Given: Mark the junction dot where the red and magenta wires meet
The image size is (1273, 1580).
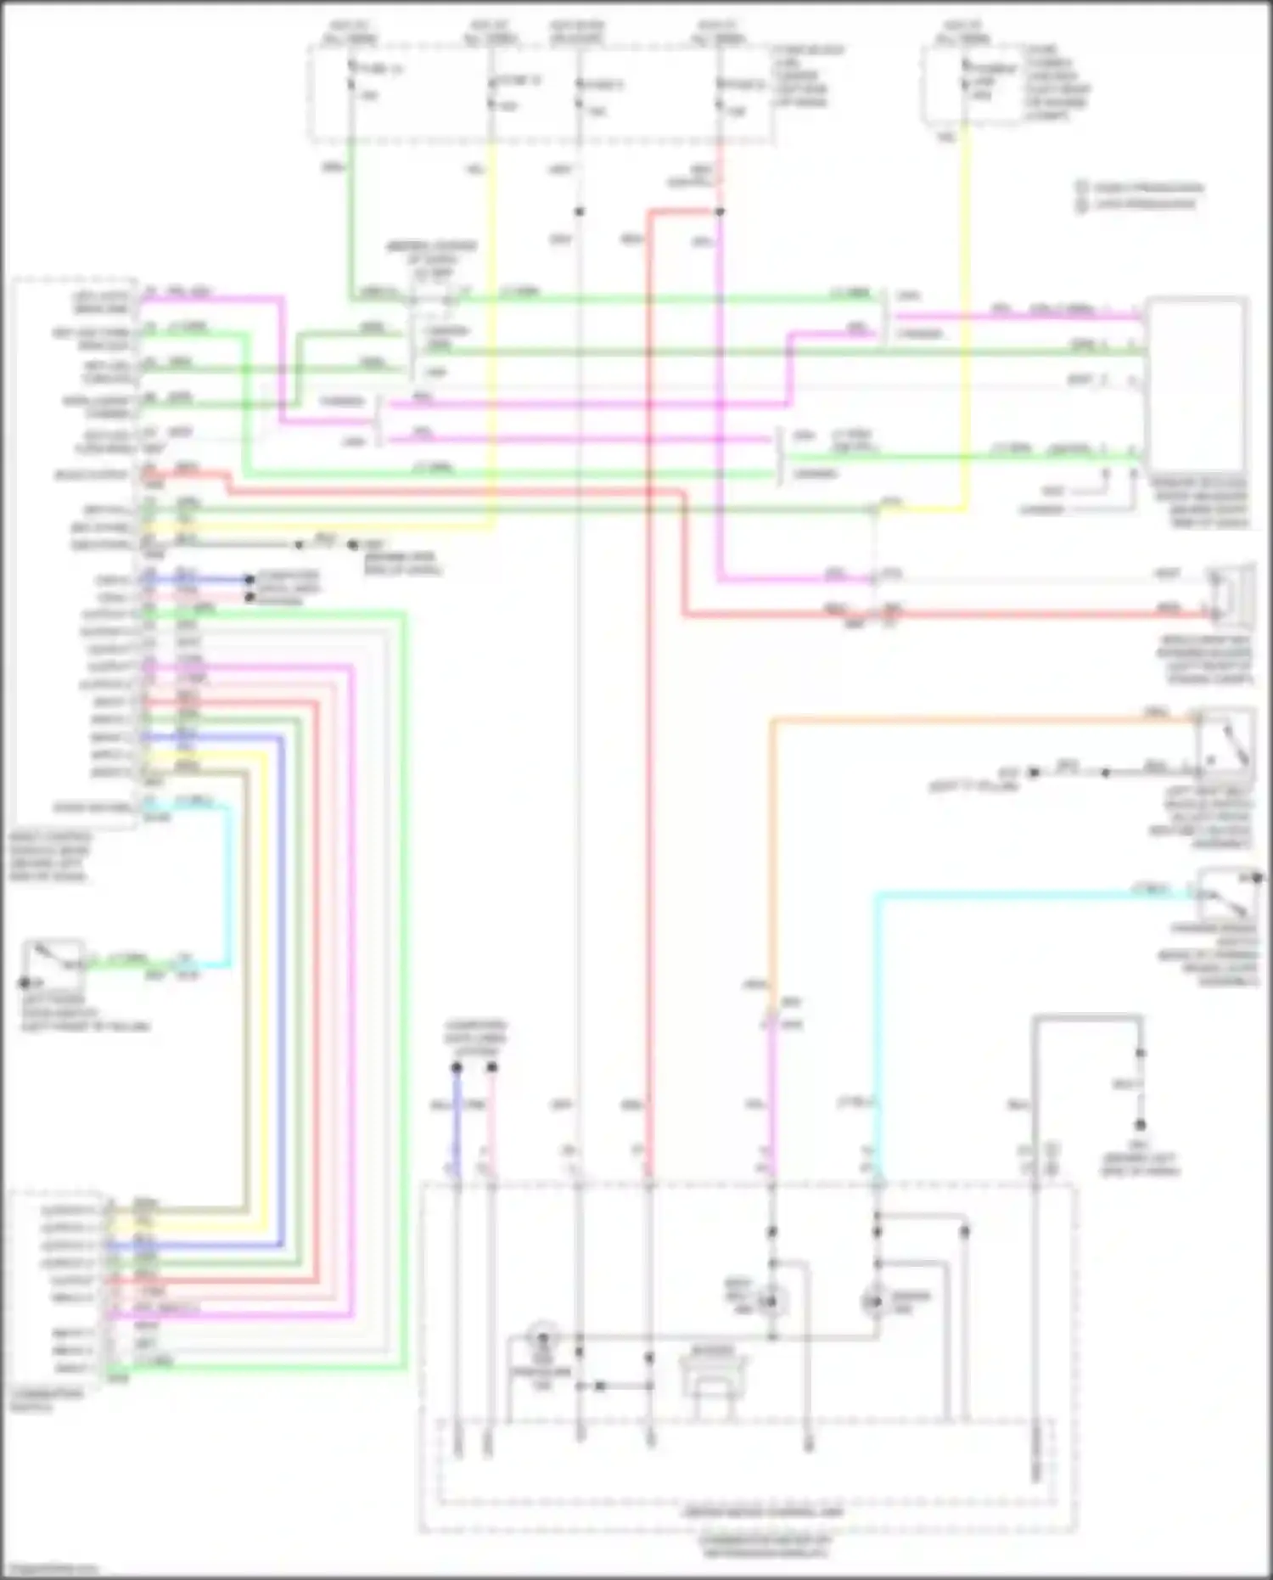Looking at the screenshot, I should (x=719, y=211).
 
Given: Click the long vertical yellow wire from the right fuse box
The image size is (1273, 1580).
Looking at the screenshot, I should (x=965, y=323).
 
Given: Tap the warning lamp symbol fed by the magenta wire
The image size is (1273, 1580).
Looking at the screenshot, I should (x=771, y=1300).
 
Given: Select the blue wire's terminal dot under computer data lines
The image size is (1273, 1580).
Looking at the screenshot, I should (x=457, y=1067).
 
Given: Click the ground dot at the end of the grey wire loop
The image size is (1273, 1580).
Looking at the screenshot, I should (x=1141, y=1125).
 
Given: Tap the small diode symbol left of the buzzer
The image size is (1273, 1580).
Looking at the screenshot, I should (x=599, y=1386).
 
